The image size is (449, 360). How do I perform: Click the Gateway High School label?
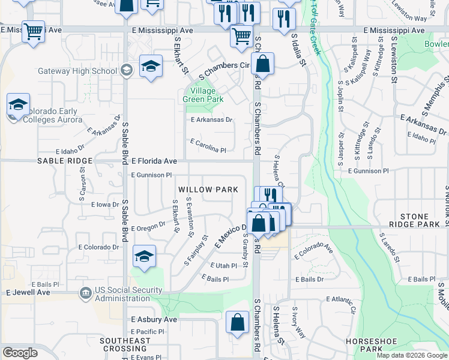(77, 71)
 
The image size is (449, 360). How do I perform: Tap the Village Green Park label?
(199, 95)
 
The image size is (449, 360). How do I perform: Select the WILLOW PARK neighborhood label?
(208, 190)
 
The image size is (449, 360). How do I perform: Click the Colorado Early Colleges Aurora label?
(52, 116)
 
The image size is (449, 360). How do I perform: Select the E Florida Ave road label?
(154, 161)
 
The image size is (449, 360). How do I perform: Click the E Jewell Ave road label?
(28, 292)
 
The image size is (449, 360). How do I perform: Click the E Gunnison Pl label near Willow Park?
(151, 175)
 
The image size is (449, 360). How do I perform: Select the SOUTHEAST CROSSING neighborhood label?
(125, 344)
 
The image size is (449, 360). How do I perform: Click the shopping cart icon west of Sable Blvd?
(34, 31)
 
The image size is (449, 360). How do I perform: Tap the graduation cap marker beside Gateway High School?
(151, 65)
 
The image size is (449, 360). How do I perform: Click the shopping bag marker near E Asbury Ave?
(238, 322)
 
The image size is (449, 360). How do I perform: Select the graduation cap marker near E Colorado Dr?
(144, 256)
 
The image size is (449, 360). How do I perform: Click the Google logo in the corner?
(20, 353)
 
